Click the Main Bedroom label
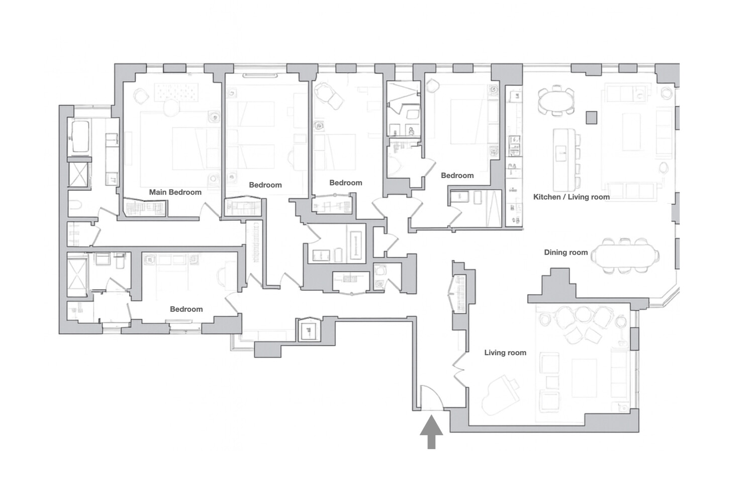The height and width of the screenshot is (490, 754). click(x=175, y=192)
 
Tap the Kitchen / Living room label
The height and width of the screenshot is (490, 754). click(x=571, y=197)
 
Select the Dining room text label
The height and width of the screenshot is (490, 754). click(x=565, y=253)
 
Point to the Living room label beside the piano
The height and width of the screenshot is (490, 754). click(x=505, y=353)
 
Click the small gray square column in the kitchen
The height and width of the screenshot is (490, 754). click(x=592, y=117)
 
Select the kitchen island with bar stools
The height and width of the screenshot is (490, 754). click(x=563, y=158)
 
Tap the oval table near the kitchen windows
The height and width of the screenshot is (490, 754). click(x=555, y=101)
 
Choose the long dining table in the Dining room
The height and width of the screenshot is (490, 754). click(x=625, y=256)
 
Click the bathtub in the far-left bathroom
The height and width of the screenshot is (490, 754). click(x=80, y=136)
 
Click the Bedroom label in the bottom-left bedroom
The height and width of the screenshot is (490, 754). click(x=186, y=309)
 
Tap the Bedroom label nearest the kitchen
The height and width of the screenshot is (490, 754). click(x=457, y=176)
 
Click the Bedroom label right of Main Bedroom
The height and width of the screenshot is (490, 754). click(x=265, y=185)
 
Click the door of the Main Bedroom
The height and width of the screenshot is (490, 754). click(x=210, y=212)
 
